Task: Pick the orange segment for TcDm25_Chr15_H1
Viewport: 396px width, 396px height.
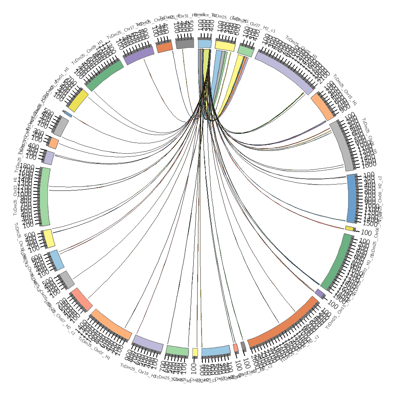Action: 322,106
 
